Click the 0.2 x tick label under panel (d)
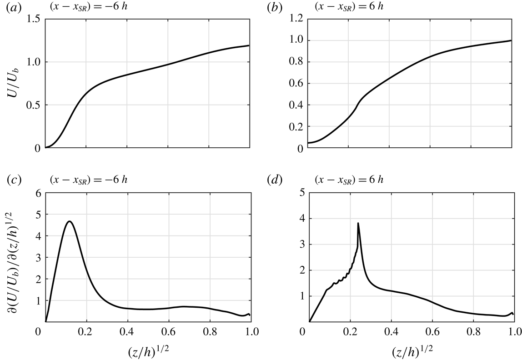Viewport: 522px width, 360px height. [350, 332]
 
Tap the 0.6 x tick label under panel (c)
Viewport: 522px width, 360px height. [168, 332]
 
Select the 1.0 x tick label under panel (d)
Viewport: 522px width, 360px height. [514, 332]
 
